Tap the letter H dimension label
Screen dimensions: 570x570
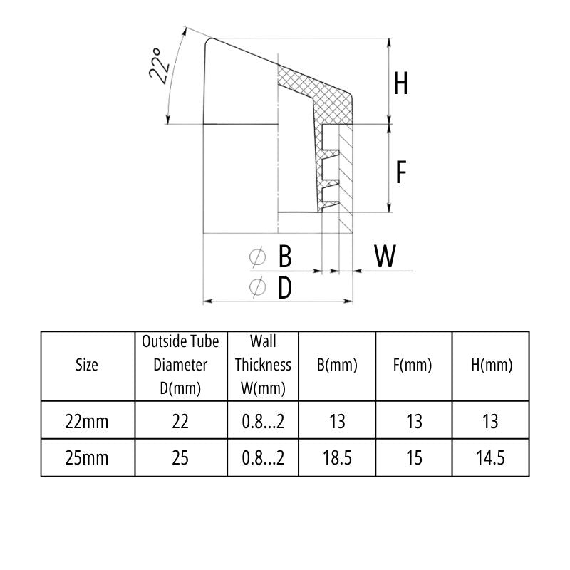point(401,84)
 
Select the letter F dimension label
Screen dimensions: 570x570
point(401,172)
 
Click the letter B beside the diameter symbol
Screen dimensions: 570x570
point(284,256)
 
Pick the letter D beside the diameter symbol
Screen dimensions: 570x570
point(284,288)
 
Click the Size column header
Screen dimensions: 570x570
point(87,366)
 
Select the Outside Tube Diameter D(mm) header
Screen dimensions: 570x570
point(180,365)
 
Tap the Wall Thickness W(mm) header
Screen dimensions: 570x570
point(263,365)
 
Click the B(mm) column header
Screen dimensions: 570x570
point(337,366)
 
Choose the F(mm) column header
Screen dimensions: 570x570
point(413,366)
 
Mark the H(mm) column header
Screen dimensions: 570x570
point(490,366)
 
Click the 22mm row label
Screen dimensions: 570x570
point(87,421)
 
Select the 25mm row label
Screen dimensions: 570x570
point(87,457)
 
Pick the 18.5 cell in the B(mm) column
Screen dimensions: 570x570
point(337,457)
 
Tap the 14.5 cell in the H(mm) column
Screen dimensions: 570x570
point(490,457)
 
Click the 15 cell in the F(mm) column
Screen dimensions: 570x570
point(413,457)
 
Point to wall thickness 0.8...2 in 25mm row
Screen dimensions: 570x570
point(263,457)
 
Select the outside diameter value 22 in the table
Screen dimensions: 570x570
point(180,421)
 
